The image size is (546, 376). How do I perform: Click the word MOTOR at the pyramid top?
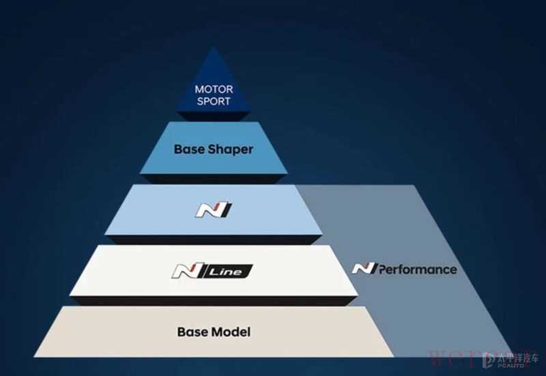tap(214, 89)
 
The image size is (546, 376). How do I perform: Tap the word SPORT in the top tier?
tap(214, 101)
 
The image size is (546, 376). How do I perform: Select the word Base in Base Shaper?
tap(189, 149)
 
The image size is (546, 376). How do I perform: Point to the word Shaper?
tap(230, 149)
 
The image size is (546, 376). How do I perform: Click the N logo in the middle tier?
tap(214, 209)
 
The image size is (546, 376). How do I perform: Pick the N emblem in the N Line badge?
tap(184, 272)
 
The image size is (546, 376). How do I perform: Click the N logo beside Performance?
tap(363, 268)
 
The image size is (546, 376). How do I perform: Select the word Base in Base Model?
tap(192, 332)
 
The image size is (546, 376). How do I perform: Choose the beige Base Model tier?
tap(109, 334)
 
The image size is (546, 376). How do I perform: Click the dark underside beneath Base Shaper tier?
tap(214, 179)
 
